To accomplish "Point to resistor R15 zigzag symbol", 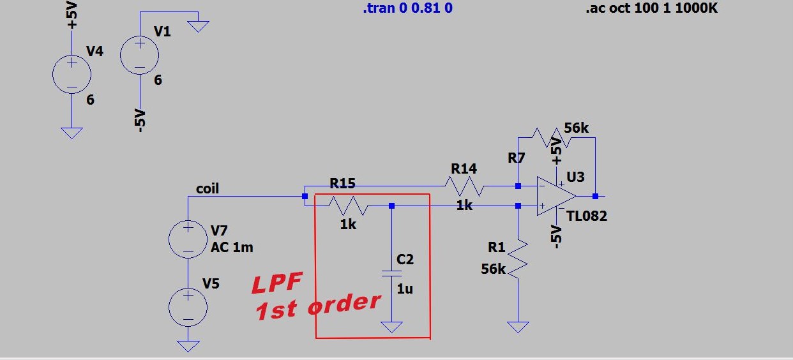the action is (x=349, y=206).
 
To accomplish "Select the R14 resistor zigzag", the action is (x=464, y=186).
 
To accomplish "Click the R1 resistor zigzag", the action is (x=518, y=259).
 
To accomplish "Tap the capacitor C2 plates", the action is (x=391, y=273).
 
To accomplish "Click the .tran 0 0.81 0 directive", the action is (x=408, y=8).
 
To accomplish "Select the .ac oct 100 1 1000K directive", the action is (x=652, y=8).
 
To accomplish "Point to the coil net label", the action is (x=208, y=188).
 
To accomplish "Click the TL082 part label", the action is (x=587, y=216).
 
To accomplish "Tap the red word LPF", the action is (x=277, y=283).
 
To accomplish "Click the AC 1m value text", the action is (x=232, y=248).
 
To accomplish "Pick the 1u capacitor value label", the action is (x=405, y=289).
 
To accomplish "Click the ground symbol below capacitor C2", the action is (x=391, y=327).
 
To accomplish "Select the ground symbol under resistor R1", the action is (x=518, y=327).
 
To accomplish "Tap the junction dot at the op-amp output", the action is (x=596, y=196).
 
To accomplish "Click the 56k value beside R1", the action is (x=493, y=269).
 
